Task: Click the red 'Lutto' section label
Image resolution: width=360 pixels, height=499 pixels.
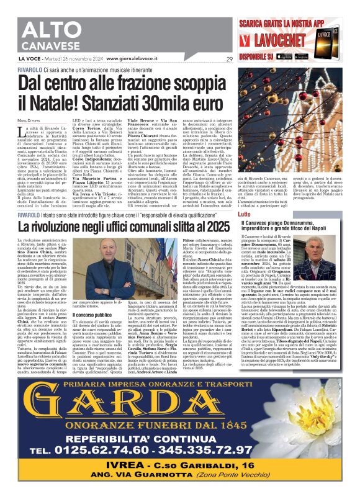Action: (x=245, y=214)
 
